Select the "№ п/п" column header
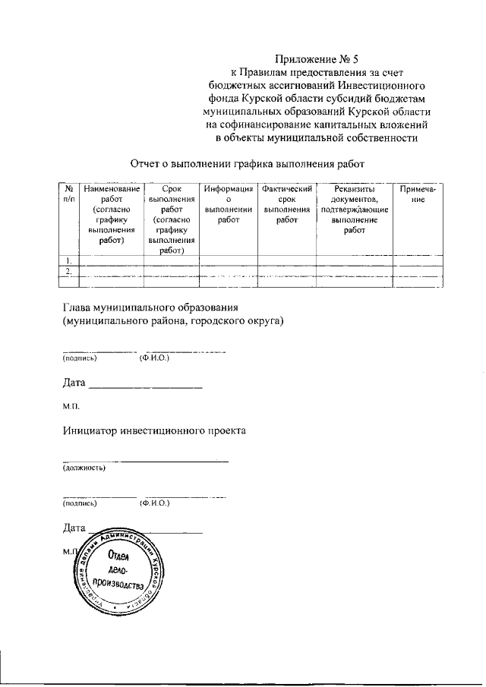[x=68, y=193]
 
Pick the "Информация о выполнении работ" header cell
[x=228, y=203]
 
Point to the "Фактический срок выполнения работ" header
[x=286, y=203]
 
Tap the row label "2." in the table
[x=68, y=271]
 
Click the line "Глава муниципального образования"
[x=150, y=308]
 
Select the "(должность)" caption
[x=84, y=468]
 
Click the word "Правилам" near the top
[x=256, y=72]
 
